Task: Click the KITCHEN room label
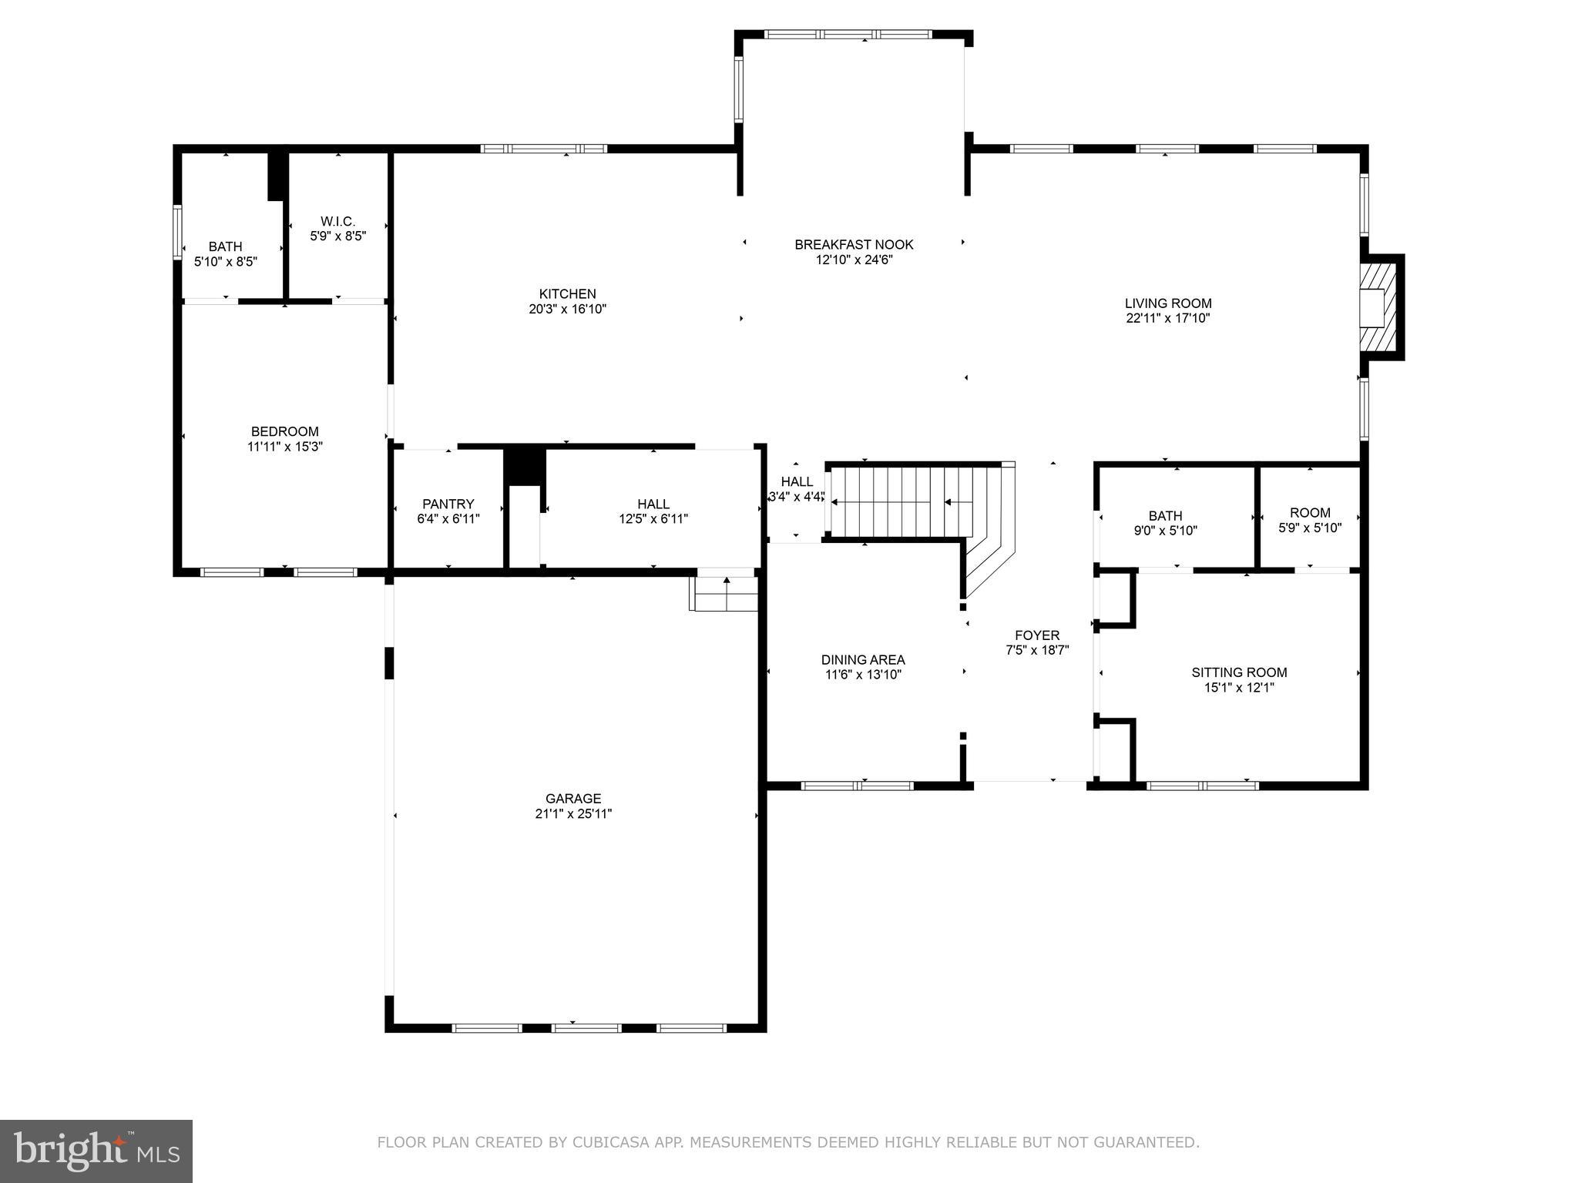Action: click(x=567, y=293)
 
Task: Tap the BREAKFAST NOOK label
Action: click(x=854, y=245)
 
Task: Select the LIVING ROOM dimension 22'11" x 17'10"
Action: click(x=1168, y=318)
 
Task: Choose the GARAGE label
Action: click(x=573, y=799)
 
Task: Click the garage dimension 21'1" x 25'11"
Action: click(x=573, y=814)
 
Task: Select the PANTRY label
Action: click(x=448, y=504)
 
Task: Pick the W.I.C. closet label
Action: click(x=337, y=221)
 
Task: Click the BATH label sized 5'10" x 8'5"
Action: click(x=225, y=246)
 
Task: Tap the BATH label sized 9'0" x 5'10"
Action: click(x=1165, y=515)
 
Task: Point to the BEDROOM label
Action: click(x=284, y=431)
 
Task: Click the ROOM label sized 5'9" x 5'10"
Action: click(x=1310, y=512)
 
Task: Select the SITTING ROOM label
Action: click(x=1239, y=672)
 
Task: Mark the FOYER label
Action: click(x=1037, y=635)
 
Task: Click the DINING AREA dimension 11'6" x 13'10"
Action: click(x=863, y=675)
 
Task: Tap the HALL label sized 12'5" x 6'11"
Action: click(x=653, y=504)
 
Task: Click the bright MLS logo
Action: click(x=96, y=1151)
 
